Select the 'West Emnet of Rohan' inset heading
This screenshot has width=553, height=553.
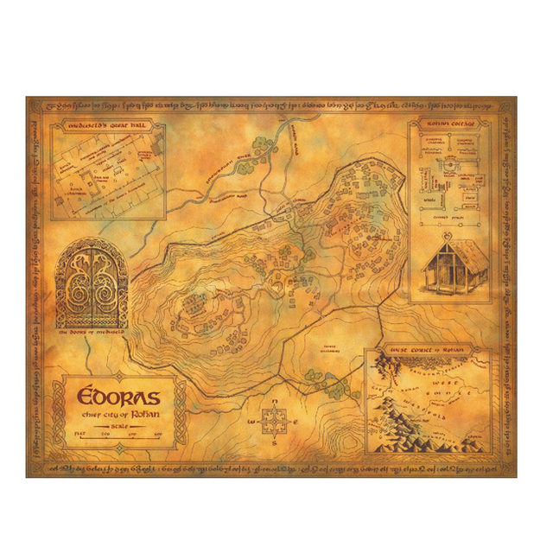click(424, 349)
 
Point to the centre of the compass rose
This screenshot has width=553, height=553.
click(273, 423)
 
